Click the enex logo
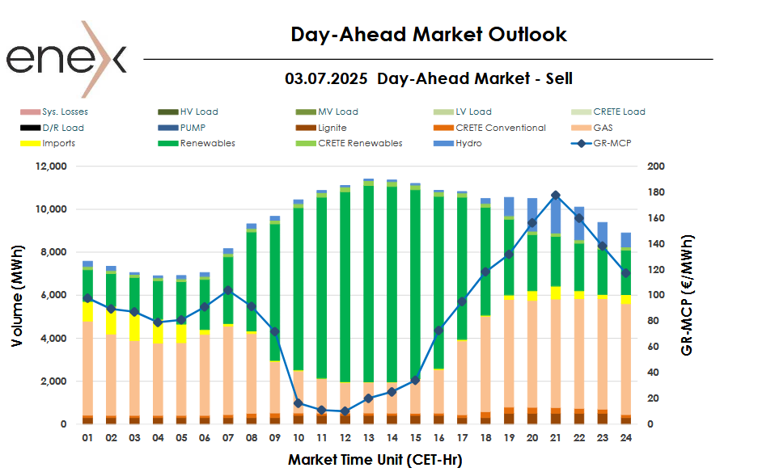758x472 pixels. tap(66, 59)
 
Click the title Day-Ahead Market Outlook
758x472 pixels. tap(429, 35)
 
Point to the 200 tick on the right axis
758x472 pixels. tap(656, 166)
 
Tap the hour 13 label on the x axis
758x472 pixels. tap(368, 439)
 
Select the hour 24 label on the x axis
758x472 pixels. tap(626, 439)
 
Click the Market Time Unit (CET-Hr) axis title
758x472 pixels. tap(375, 460)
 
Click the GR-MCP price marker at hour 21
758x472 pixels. tap(556, 196)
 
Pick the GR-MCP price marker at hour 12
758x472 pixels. tap(345, 411)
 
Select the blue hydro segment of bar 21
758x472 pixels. tap(556, 214)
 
